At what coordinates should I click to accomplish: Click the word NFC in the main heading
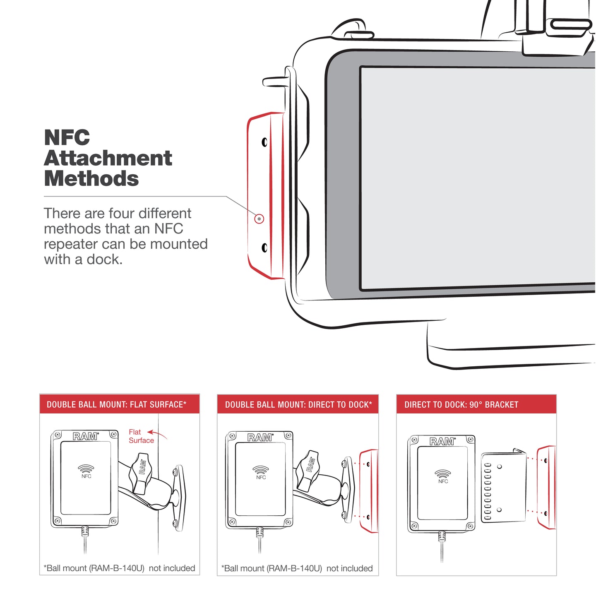click(x=67, y=138)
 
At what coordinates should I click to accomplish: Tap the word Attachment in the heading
click(x=108, y=159)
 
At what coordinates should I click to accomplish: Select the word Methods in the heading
click(x=91, y=179)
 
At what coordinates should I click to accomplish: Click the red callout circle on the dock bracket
click(x=259, y=219)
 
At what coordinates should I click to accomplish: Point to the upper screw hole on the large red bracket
click(x=264, y=142)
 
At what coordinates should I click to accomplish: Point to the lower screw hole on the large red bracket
click(x=264, y=248)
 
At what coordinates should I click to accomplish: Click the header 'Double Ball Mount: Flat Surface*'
click(x=117, y=404)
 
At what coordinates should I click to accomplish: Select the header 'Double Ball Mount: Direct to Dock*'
click(x=298, y=404)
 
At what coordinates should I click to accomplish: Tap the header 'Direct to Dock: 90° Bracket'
click(x=461, y=404)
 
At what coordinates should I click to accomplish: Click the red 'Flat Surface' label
click(x=141, y=436)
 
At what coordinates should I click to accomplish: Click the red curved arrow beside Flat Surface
click(x=158, y=434)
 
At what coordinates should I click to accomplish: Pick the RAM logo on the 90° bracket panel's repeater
click(x=442, y=442)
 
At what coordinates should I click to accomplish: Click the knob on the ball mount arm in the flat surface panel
click(x=142, y=472)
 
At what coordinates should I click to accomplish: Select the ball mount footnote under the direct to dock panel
click(x=297, y=568)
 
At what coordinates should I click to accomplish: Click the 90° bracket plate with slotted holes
click(x=503, y=487)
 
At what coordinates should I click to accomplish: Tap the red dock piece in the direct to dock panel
click(x=368, y=491)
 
